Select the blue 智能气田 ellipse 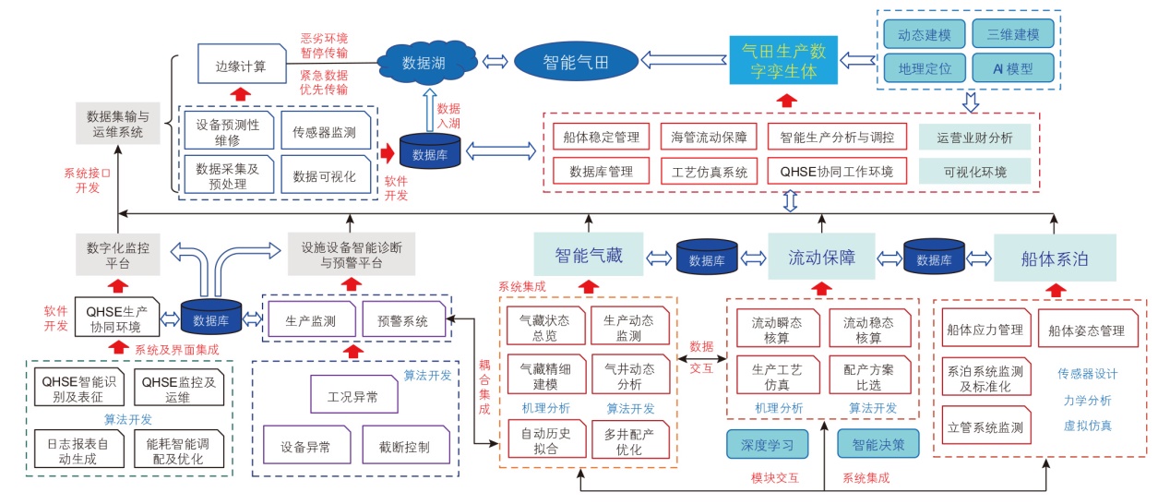[x=576, y=62]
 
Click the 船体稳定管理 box [x=601, y=137]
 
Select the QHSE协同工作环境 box [x=836, y=171]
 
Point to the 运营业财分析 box [x=974, y=138]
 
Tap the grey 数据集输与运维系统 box [x=117, y=125]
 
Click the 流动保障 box [x=820, y=257]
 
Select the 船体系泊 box [x=1054, y=258]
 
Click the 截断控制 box [x=402, y=447]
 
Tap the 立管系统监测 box [x=985, y=427]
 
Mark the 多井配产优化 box [x=629, y=441]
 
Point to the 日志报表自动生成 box [x=72, y=450]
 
